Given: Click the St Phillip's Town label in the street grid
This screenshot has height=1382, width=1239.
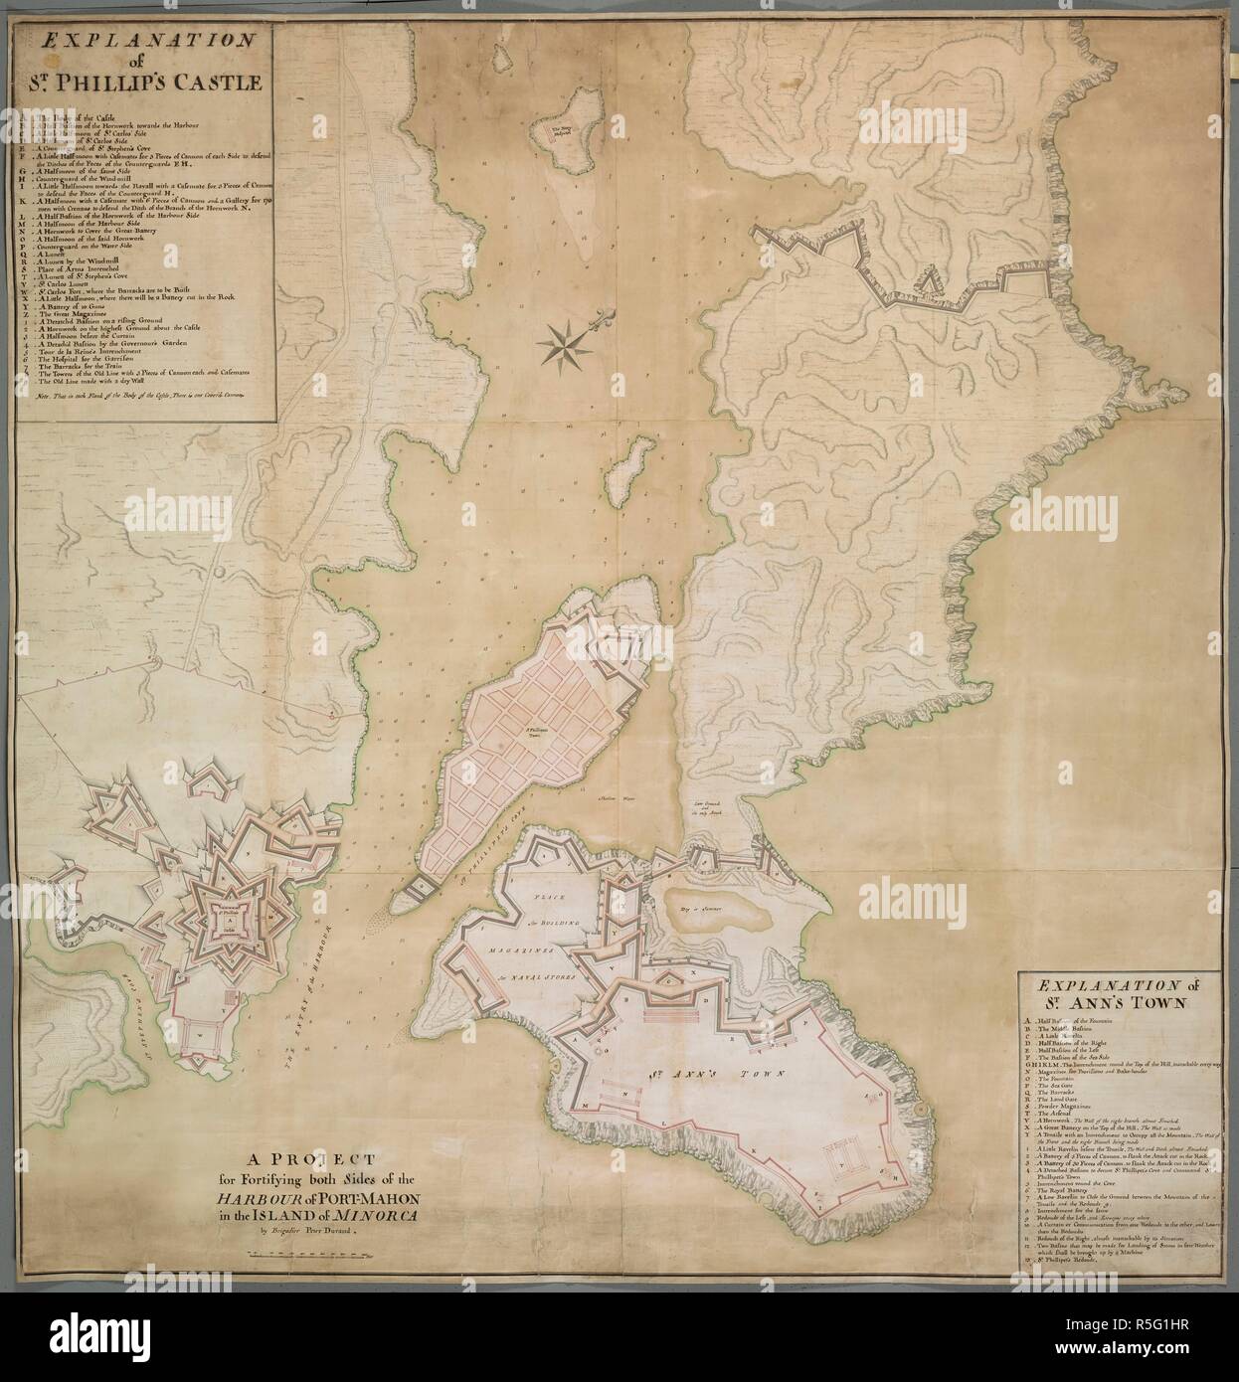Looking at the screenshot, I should click(x=538, y=733).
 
